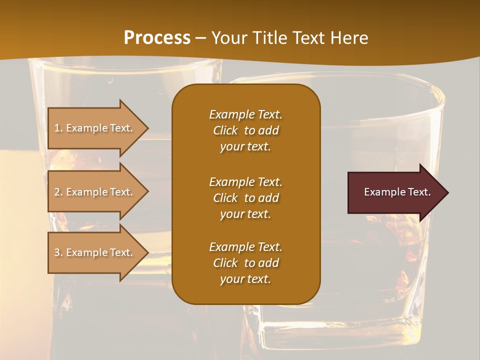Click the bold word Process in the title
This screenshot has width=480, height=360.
click(157, 38)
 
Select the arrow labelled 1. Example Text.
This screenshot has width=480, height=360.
click(95, 128)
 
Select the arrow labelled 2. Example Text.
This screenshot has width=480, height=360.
click(95, 192)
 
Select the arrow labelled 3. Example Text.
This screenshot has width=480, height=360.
click(95, 252)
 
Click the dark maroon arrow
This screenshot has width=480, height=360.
click(395, 192)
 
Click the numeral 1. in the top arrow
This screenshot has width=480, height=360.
click(58, 128)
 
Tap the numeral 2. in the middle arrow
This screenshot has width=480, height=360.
click(58, 192)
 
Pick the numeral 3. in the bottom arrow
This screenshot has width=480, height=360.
click(58, 252)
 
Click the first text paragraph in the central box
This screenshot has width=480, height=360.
click(245, 130)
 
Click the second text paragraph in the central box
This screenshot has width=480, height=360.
click(245, 198)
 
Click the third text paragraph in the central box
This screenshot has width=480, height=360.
click(245, 263)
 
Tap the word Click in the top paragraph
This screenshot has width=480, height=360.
click(225, 130)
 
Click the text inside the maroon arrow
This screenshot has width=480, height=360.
click(397, 192)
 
